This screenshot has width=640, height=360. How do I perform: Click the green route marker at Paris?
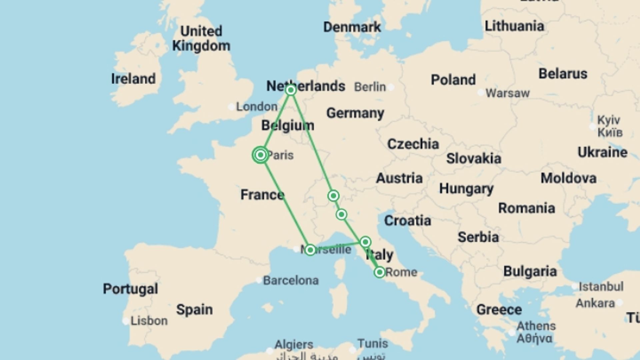click(260, 155)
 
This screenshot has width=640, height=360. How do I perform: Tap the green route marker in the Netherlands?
click(291, 90)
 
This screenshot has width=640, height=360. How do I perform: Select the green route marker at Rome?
click(379, 272)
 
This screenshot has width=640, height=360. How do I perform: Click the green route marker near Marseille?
click(310, 250)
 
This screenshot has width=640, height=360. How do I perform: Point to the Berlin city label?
click(370, 87)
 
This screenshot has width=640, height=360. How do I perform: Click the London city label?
click(257, 107)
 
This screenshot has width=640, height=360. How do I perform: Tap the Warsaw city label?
click(507, 93)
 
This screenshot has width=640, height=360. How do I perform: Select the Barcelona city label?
click(291, 280)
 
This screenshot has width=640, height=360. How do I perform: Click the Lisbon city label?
click(149, 321)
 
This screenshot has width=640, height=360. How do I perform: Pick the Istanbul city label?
click(601, 286)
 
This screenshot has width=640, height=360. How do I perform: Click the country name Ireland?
click(133, 79)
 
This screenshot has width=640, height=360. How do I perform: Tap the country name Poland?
click(453, 80)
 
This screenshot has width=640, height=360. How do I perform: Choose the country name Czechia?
click(413, 144)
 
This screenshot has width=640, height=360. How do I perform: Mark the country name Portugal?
click(130, 289)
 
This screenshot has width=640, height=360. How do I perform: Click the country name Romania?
click(526, 208)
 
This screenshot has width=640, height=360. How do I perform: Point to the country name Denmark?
click(352, 27)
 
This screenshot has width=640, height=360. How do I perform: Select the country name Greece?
click(499, 310)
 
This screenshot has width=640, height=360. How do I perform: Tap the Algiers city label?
click(294, 344)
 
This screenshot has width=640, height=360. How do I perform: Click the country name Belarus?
click(563, 74)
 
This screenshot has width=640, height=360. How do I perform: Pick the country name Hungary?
click(466, 189)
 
